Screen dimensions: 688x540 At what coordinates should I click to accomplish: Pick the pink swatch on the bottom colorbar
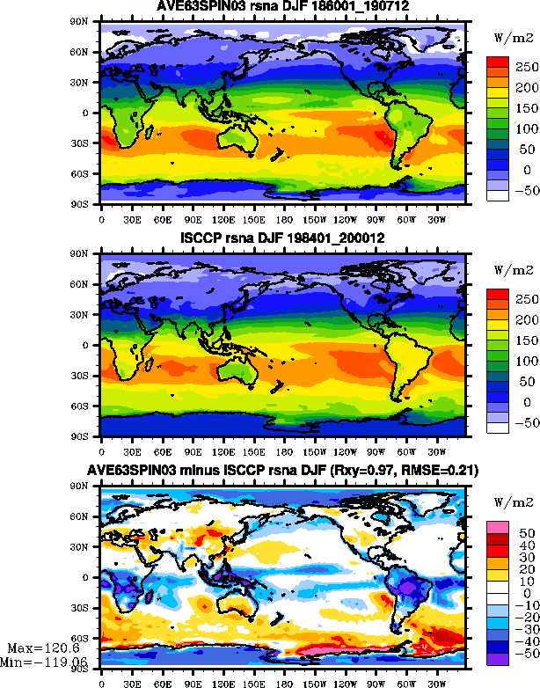[498, 525]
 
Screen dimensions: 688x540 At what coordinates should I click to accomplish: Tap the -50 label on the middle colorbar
[524, 422]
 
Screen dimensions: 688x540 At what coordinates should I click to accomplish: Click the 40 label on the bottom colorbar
[524, 545]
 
